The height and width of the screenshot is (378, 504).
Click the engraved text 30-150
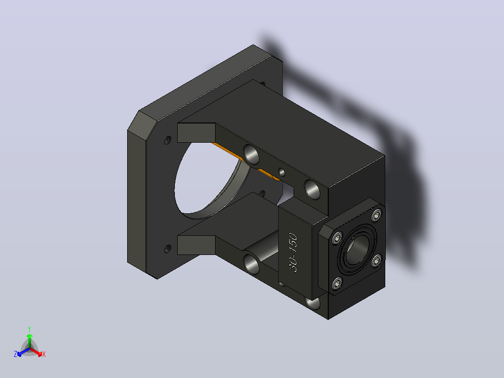[x=293, y=252]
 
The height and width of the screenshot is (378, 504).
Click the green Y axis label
[x=29, y=329]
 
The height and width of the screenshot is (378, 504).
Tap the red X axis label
[x=44, y=354]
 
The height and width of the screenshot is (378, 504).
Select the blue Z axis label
[x=15, y=354]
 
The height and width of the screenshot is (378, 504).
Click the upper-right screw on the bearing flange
[x=376, y=215]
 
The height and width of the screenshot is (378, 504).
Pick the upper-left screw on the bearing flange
[x=337, y=238]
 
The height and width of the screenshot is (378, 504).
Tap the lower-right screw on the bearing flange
[x=377, y=261]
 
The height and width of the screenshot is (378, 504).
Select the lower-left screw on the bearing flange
[x=337, y=283]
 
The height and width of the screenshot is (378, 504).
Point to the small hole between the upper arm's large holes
[x=281, y=173]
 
